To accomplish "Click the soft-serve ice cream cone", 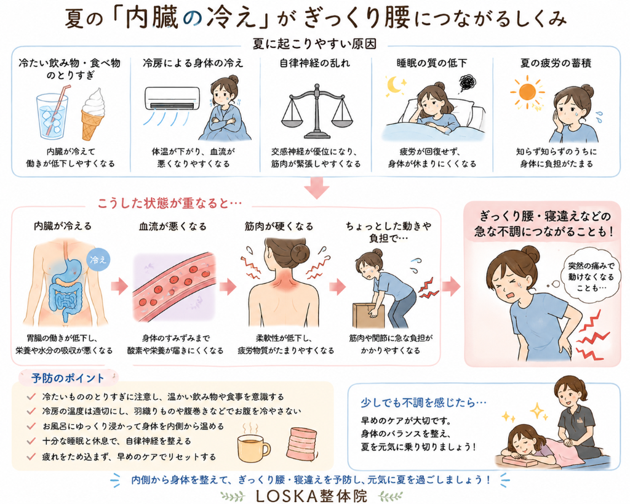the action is point(93,114).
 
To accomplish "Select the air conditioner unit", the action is point(172,98).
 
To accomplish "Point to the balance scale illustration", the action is point(317,111).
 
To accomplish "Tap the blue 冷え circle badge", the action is point(98,259).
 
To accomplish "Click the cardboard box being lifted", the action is point(368,316).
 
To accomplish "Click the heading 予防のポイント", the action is point(68,378).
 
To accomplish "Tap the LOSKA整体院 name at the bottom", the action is point(311,496).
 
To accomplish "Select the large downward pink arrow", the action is point(317,188).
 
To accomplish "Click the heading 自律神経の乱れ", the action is point(314,63).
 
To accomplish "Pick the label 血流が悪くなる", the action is point(173,226).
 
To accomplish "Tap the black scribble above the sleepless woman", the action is point(468,83).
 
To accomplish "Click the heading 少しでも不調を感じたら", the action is point(423,402).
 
